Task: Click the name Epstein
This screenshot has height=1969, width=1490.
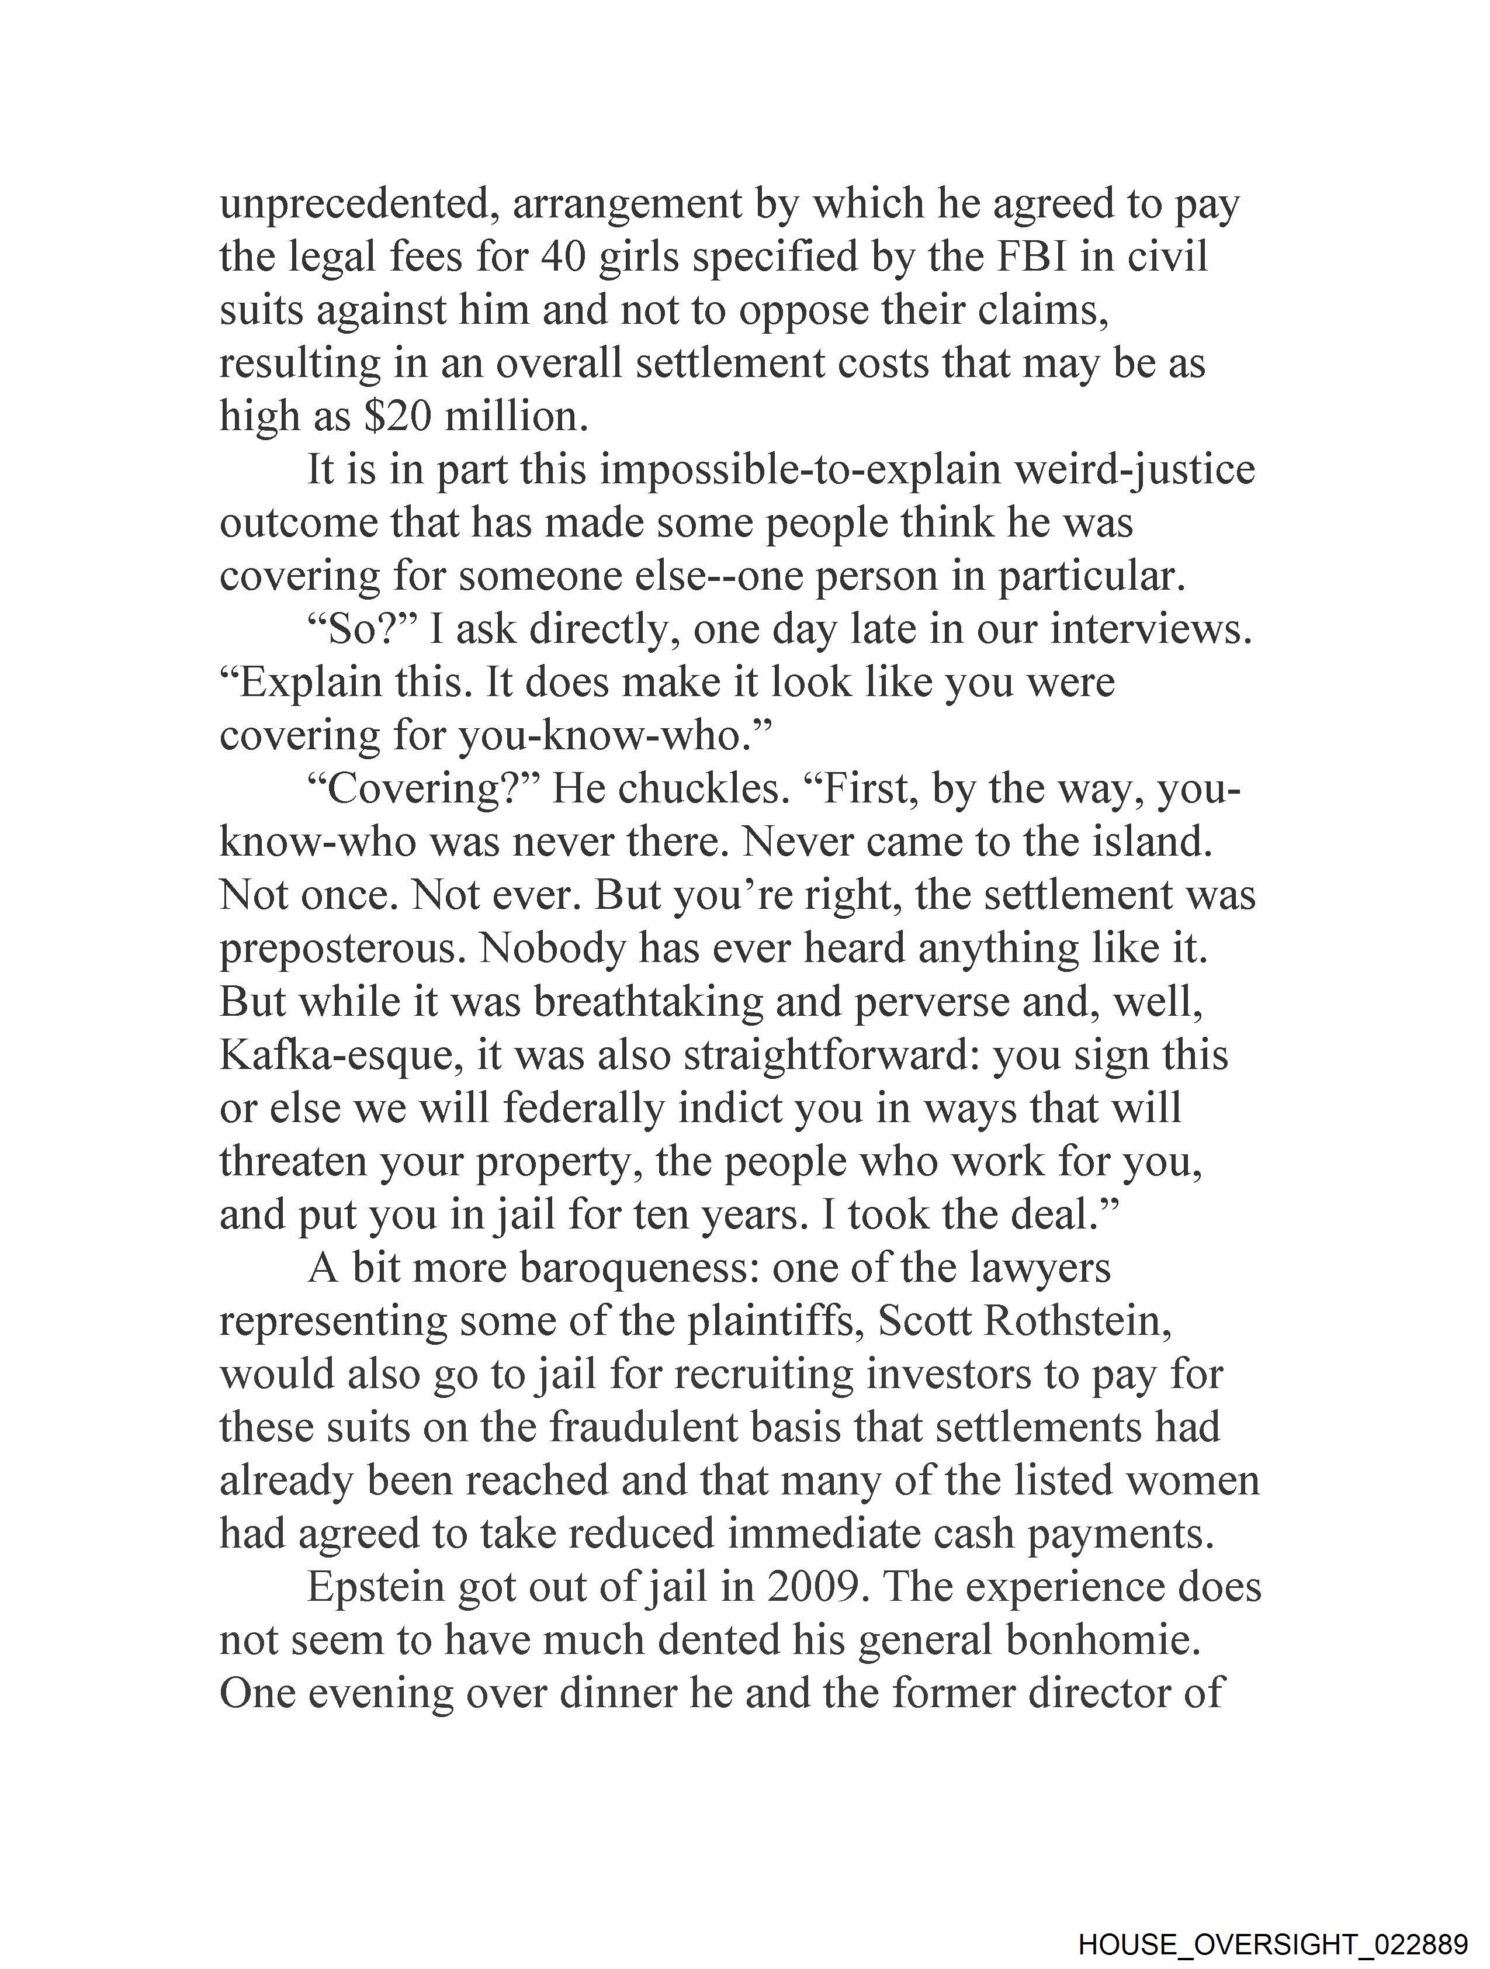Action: pos(375,1588)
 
